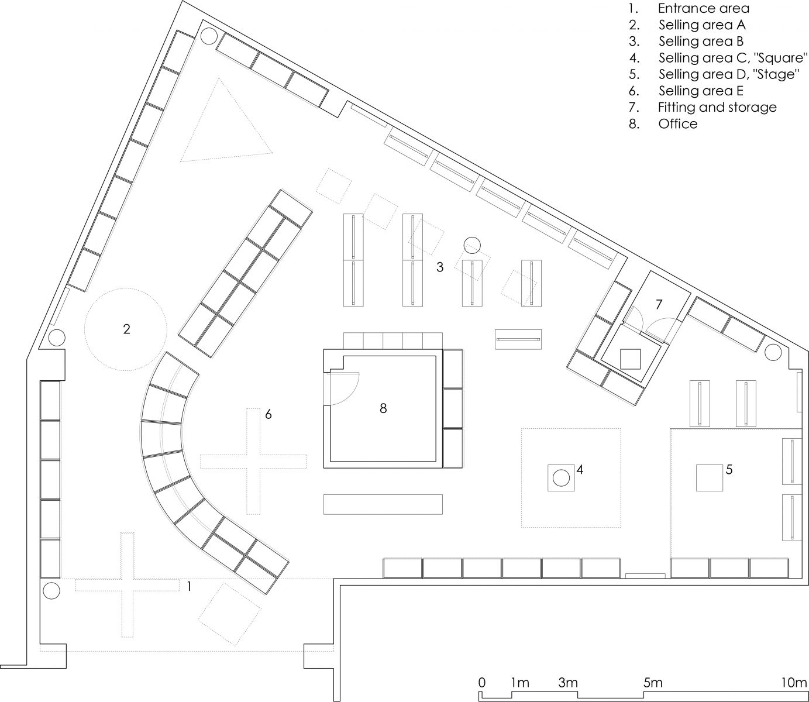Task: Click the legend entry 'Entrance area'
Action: [703, 8]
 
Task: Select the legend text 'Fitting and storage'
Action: [717, 107]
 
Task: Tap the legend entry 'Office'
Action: [678, 123]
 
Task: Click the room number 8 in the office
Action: [383, 408]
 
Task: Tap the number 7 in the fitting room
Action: [658, 304]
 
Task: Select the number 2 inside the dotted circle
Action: [126, 329]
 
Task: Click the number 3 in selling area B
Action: [440, 267]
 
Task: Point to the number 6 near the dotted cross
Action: [268, 414]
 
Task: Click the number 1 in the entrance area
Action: [190, 587]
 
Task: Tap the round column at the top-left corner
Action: [209, 36]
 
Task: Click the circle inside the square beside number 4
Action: [561, 478]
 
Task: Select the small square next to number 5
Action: [710, 478]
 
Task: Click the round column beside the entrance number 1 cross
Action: [51, 591]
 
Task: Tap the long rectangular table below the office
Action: [383, 504]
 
